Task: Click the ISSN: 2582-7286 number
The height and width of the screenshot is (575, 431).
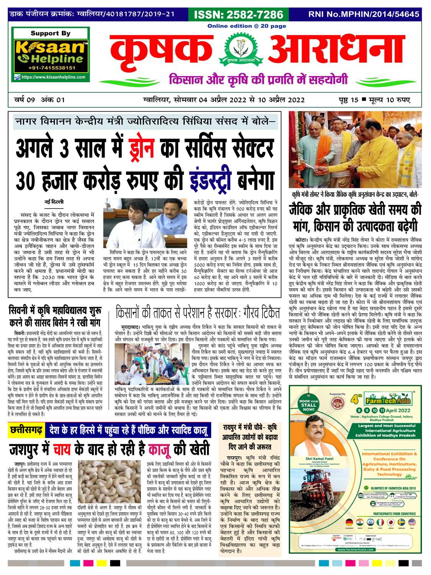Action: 238,15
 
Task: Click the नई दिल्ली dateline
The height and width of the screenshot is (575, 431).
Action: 54,202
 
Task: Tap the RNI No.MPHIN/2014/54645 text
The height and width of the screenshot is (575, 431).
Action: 364,14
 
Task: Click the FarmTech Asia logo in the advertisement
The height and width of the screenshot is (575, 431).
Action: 387,400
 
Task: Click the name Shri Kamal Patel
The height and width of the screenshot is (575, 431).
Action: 319,458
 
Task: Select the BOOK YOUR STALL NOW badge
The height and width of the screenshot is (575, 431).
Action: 308,405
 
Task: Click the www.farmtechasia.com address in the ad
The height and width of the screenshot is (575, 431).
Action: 356,549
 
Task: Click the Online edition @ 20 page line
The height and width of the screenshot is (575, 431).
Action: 247,26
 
